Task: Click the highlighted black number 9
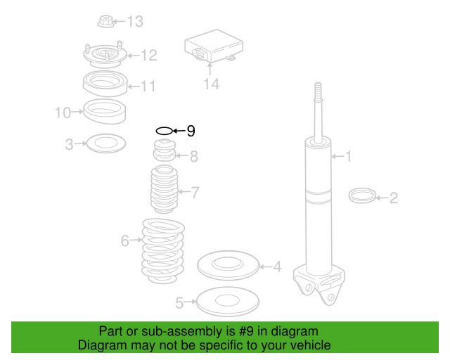pyautogui.click(x=191, y=131)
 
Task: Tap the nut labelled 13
pyautogui.click(x=105, y=22)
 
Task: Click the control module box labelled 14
pyautogui.click(x=214, y=46)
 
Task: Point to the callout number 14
pyautogui.click(x=212, y=84)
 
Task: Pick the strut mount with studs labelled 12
pyautogui.click(x=105, y=54)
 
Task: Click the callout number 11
pyautogui.click(x=148, y=86)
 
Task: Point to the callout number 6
pyautogui.click(x=125, y=240)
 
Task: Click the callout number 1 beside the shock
pyautogui.click(x=349, y=156)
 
